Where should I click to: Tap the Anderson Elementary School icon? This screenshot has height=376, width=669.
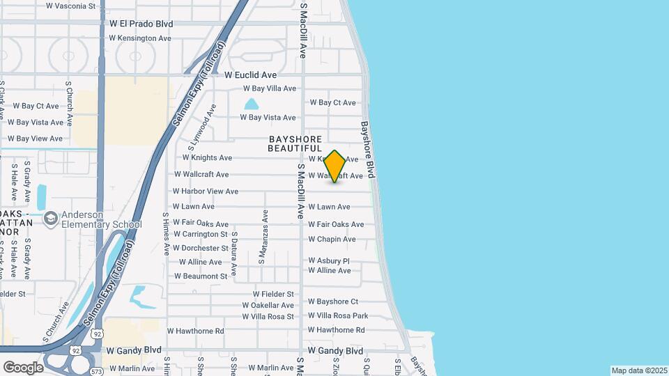pos(50,219)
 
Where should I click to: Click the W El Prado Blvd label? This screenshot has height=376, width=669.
pos(141,23)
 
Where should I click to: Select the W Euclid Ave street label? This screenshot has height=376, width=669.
pos(250,75)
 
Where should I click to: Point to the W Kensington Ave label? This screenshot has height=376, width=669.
pos(140,38)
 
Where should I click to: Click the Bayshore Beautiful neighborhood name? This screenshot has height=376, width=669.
pos(295,144)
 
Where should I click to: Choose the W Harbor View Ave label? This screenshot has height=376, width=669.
pos(206,191)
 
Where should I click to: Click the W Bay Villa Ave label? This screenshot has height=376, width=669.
pos(269,88)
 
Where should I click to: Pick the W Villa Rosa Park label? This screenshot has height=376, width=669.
pos(337,315)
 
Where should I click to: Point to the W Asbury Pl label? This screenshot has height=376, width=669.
pos(328,261)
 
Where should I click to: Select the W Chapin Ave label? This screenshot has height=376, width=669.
pos(332,240)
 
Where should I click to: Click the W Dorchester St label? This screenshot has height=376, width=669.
pos(201,248)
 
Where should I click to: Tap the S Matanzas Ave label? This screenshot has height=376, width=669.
pos(263,237)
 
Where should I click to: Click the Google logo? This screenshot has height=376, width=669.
pos(23,367)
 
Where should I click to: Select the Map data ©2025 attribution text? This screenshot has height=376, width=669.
pos(638,370)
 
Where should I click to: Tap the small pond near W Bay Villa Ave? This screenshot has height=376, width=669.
pos(251,104)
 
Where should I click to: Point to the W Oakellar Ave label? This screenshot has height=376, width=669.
pos(268,305)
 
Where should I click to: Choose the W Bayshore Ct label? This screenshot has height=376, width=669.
pos(332,301)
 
